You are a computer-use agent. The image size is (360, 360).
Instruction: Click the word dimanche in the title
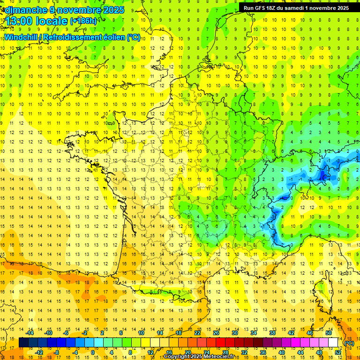(24, 10)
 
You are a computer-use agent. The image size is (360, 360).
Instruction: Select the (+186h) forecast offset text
(83, 21)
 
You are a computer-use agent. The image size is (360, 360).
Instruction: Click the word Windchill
(22, 37)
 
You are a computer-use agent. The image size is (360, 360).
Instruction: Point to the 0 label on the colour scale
(92, 352)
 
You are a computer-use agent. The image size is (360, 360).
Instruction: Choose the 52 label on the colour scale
(338, 352)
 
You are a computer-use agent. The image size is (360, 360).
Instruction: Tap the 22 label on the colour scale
(197, 333)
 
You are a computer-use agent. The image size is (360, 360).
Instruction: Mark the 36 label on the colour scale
(263, 352)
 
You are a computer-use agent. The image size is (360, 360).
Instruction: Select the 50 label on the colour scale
(329, 333)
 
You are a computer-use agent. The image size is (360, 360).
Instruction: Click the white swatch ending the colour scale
(333, 343)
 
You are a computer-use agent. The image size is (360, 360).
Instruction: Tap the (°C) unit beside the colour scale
(349, 343)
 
